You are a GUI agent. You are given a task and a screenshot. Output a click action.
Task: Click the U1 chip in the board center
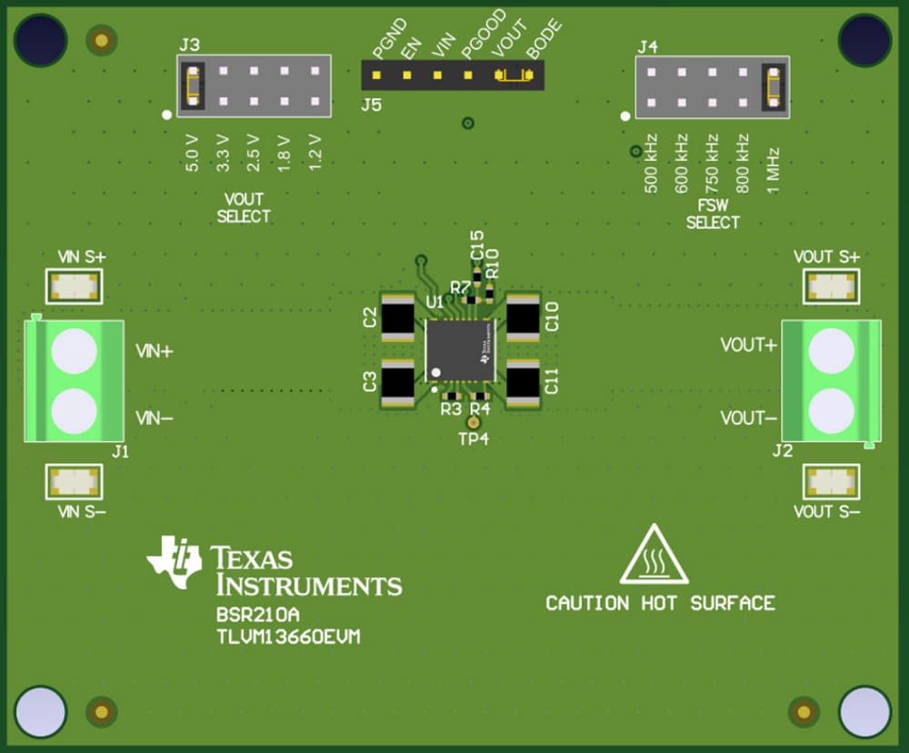point(461,350)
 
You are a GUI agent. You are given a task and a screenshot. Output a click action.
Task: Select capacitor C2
point(397,317)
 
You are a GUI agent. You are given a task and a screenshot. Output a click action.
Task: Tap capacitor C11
point(524,381)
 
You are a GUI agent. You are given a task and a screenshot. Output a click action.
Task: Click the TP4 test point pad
point(473,423)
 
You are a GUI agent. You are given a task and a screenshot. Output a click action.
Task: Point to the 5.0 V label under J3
point(192,153)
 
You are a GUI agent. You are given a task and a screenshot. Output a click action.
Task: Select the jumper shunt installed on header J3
point(192,85)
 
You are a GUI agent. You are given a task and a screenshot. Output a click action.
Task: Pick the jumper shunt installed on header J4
point(774,86)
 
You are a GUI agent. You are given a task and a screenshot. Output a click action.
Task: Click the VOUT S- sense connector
point(832,481)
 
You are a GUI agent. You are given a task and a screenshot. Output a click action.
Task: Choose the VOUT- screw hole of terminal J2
point(831,409)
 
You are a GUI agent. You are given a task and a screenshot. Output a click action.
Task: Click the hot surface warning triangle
point(654,556)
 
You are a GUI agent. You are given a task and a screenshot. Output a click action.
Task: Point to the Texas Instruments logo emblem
point(175,561)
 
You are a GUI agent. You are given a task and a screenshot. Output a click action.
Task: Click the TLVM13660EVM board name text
point(288,637)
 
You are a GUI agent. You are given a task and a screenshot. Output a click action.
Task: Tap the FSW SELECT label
point(713,215)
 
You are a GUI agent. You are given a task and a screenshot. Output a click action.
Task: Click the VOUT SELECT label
point(244,208)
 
